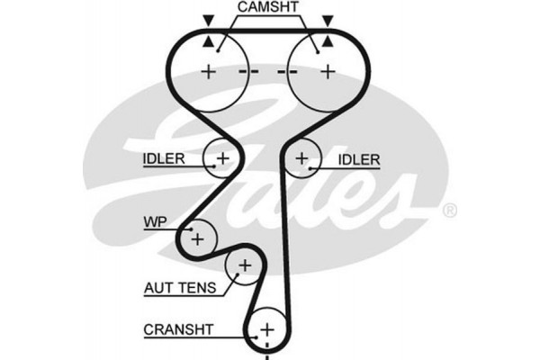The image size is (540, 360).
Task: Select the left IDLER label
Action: pos(164,159)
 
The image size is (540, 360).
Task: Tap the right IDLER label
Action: pos(359,159)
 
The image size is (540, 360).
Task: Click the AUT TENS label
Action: pos(180,289)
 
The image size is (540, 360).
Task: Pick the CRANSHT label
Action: pos(179,329)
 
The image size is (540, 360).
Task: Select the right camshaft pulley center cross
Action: pos(326,71)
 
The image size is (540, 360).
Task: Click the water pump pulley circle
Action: pos(197,238)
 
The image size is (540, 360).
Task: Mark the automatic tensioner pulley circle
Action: pos(243,265)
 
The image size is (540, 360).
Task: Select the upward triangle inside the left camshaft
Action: pos(209,41)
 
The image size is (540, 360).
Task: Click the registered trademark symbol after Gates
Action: pos(450,211)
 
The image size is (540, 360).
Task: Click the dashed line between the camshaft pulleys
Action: pos(267,71)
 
